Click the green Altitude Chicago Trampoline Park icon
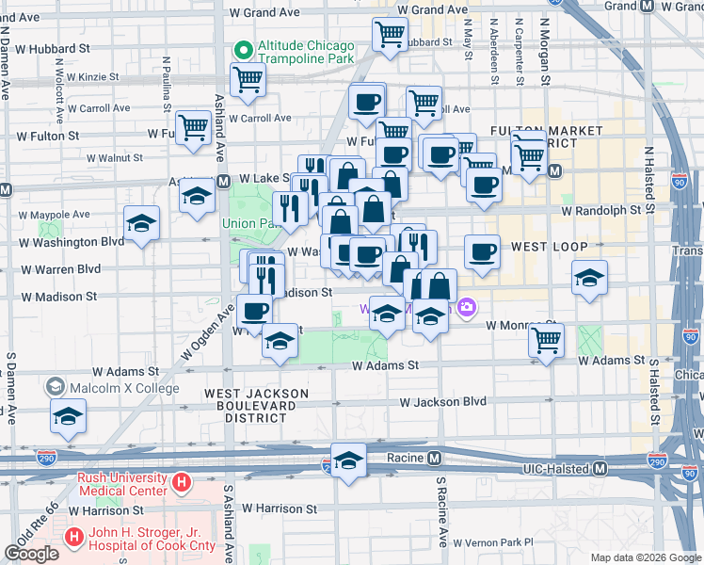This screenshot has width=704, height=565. click(x=243, y=48)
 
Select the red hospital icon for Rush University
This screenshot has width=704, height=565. click(x=183, y=484)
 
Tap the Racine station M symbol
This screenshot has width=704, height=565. click(x=434, y=459)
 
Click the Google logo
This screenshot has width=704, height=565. click(x=32, y=554)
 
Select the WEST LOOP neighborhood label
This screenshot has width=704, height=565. click(x=549, y=247)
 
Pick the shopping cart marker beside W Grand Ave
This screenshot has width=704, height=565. click(x=390, y=35)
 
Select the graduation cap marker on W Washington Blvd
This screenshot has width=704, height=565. click(x=142, y=222)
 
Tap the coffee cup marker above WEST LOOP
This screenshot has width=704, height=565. click(x=482, y=251)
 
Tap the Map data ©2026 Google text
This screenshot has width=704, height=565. click(x=645, y=557)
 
